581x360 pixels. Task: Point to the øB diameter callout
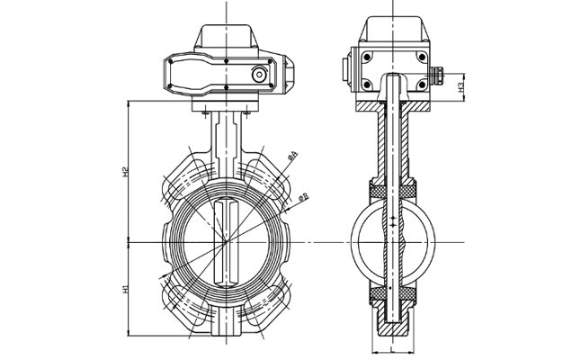coord(303,194)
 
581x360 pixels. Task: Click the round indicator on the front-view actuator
coord(259,74)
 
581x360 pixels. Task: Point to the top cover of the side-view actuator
coord(394,31)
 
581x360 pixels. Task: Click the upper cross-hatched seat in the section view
coord(394,190)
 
